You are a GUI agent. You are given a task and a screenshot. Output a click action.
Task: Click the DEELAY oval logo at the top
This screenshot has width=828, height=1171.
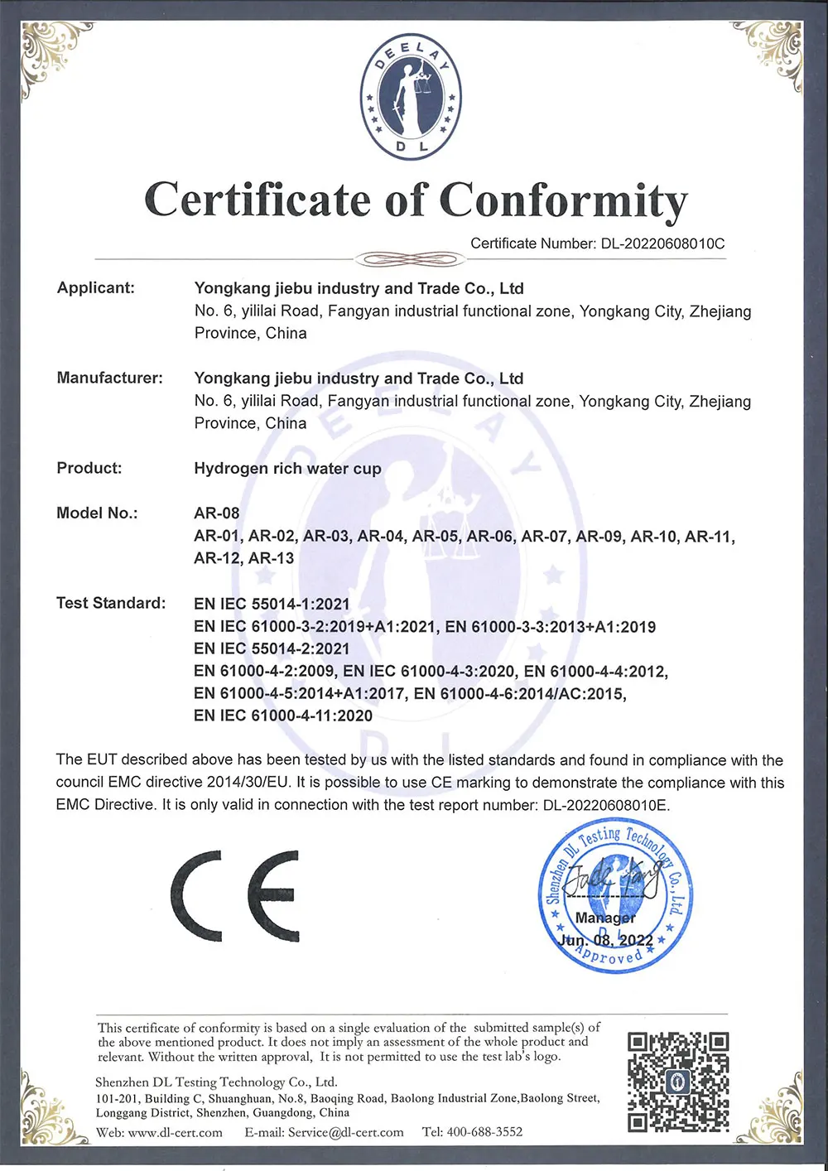click(x=411, y=98)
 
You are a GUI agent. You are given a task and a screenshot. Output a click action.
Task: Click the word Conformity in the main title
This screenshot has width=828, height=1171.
click(x=563, y=201)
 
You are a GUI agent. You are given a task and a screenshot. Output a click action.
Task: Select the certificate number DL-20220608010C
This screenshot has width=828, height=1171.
click(x=662, y=243)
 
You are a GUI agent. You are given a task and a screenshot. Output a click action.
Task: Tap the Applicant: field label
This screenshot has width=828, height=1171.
click(x=96, y=288)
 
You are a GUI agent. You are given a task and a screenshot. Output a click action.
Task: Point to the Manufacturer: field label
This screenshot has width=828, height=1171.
click(x=110, y=378)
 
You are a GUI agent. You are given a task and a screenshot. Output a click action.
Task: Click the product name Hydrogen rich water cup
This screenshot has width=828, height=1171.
click(x=287, y=469)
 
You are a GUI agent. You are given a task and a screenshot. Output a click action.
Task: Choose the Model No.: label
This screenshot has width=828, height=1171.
click(x=97, y=513)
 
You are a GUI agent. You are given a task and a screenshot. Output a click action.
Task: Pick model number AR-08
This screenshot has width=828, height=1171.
click(x=217, y=513)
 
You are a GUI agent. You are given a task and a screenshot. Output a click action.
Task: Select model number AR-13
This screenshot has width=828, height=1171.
click(x=272, y=558)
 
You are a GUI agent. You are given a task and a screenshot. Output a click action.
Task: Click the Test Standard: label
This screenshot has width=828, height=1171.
click(x=111, y=603)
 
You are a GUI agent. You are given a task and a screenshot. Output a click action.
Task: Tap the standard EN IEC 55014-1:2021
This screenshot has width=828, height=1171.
click(x=272, y=604)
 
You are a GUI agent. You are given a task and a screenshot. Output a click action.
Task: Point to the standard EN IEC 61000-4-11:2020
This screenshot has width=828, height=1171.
click(x=283, y=716)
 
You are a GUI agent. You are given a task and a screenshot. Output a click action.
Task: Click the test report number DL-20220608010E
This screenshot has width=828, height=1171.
click(x=605, y=805)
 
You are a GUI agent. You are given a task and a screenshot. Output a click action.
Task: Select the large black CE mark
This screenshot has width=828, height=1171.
click(x=236, y=896)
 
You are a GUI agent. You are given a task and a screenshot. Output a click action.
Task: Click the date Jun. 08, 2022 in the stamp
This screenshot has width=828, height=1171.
click(x=606, y=941)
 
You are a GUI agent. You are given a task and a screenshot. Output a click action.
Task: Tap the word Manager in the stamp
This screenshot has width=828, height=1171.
click(x=605, y=918)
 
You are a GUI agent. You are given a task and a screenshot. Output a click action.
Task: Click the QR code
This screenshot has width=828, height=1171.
click(x=678, y=1082)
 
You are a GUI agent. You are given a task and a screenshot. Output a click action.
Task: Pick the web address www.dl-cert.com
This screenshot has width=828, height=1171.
click(x=176, y=1132)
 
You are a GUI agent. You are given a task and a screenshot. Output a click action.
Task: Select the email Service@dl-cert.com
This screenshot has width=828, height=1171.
click(x=346, y=1132)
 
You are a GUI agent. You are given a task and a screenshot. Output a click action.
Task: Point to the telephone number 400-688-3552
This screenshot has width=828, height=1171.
click(x=484, y=1132)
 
